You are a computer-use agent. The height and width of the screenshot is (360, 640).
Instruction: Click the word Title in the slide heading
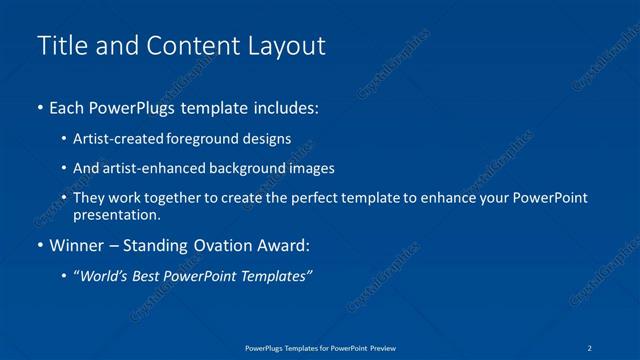[x=58, y=46]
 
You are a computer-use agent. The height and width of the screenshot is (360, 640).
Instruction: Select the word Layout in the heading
[x=288, y=46]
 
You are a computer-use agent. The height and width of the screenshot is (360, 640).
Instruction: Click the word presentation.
[x=116, y=214]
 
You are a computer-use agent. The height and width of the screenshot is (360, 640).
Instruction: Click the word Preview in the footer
[x=382, y=347]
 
